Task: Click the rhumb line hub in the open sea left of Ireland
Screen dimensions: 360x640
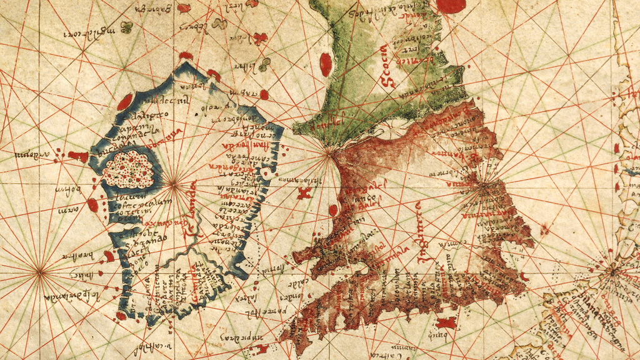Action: pos(41,271)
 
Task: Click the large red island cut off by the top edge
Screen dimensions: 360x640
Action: pos(451,6)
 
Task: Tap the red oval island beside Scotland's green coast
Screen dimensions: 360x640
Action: pos(326,64)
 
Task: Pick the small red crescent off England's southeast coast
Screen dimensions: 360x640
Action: pos(524,276)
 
